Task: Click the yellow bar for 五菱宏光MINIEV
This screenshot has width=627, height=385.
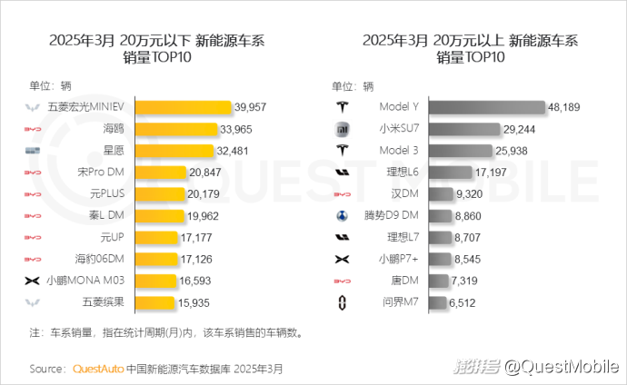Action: click(184, 107)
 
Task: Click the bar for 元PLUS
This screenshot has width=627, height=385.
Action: click(160, 193)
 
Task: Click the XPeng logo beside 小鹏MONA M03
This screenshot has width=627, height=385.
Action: click(33, 281)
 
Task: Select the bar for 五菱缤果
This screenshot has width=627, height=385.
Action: click(154, 301)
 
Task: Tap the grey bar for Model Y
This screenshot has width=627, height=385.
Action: click(486, 107)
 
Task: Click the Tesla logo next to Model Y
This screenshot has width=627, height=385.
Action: click(343, 107)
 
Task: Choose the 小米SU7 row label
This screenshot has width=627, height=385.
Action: click(397, 129)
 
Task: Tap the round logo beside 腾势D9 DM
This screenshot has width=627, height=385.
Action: click(343, 215)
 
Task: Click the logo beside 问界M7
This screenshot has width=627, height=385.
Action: click(343, 301)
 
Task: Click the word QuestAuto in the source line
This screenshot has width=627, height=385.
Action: click(97, 369)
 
